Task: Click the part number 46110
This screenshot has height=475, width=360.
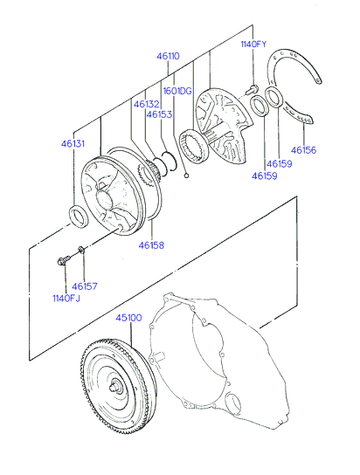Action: pos(168,57)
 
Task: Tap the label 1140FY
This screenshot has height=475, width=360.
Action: pos(253,45)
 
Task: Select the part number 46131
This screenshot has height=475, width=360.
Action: pos(73,143)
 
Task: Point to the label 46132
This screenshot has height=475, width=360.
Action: pos(147,104)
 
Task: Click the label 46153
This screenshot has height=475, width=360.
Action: pos(159,114)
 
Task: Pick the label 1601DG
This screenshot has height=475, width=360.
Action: pos(177,91)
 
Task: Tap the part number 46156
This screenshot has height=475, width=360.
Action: pos(303,150)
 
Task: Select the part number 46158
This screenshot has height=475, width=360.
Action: pos(151,245)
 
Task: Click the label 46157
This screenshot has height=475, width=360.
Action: pos(85,286)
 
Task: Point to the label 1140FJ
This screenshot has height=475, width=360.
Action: pos(66,299)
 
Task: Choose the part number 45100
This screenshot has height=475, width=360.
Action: pos(129,318)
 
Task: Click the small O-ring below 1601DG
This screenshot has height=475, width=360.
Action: pos(187,176)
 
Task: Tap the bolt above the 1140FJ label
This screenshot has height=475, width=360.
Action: pos(63,260)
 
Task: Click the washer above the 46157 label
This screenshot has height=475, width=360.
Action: pos(81,250)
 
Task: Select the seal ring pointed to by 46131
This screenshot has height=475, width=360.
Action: pos(79,217)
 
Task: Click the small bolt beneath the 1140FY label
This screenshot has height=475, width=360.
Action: pos(252,89)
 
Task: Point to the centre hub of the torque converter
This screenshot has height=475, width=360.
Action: pos(115,388)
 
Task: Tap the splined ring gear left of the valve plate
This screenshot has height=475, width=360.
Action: pos(194,146)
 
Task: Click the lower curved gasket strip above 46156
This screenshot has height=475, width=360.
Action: pos(298,114)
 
